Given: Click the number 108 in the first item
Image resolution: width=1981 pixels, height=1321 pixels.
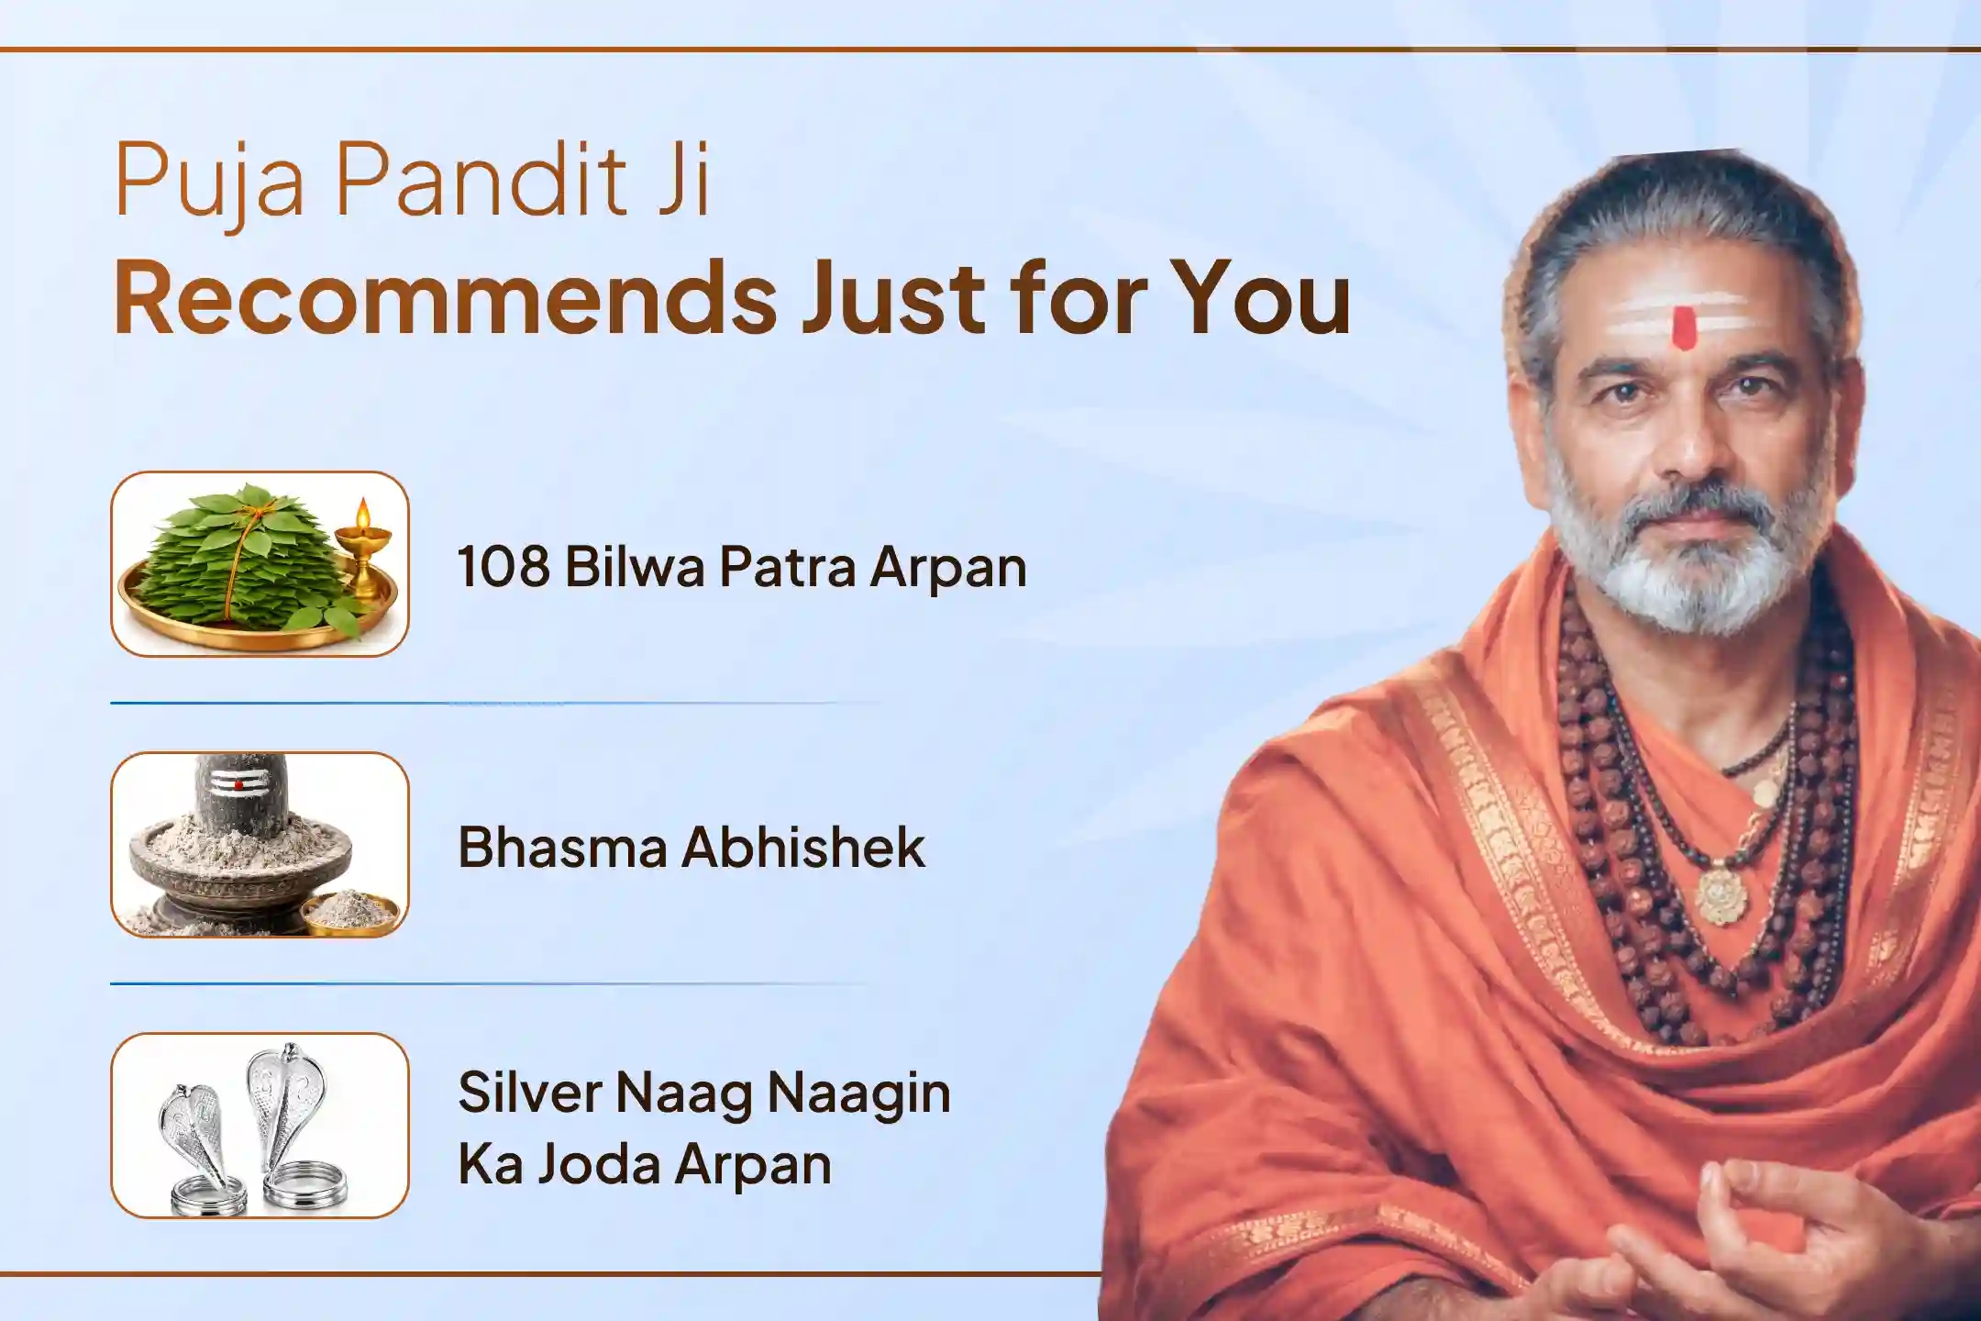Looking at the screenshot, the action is (x=504, y=566).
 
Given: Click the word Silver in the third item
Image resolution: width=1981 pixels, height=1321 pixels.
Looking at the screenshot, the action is (x=529, y=1093).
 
